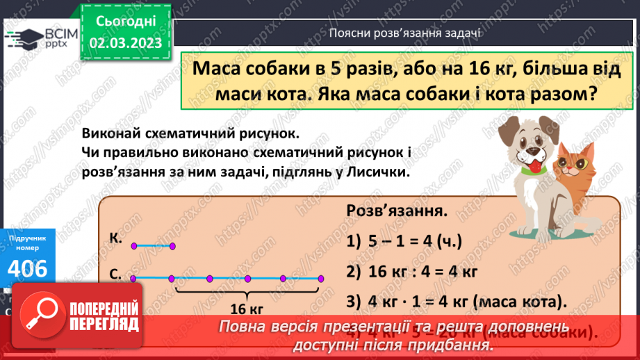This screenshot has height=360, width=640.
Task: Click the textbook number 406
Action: coord(28,268)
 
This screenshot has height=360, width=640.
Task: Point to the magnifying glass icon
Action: coord(42,314)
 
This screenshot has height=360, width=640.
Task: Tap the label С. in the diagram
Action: coord(115,275)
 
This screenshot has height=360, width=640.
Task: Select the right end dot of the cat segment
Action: coord(172,245)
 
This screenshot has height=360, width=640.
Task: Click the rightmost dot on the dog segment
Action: coord(320,279)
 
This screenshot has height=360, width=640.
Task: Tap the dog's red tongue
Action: coord(534,167)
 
